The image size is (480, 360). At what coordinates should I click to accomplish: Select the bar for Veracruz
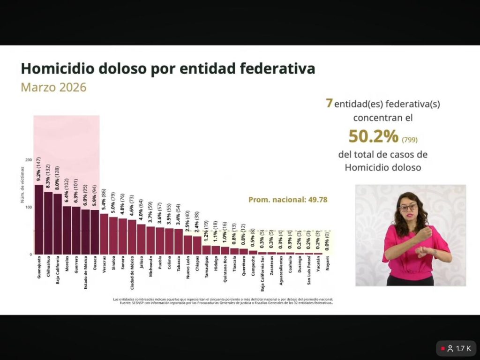tap(104, 234)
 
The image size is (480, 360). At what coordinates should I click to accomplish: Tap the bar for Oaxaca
tap(94, 232)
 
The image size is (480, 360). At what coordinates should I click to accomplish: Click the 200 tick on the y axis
tap(29, 160)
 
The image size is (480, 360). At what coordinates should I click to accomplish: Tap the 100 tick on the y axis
tap(29, 207)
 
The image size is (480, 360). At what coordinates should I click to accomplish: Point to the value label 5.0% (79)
tap(113, 201)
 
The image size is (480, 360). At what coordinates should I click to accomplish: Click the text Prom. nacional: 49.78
tap(287, 200)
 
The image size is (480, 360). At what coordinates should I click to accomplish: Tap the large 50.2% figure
tap(373, 136)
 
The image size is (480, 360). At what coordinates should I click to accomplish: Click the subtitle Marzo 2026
tap(53, 87)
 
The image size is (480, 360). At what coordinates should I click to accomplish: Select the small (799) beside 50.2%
tap(410, 140)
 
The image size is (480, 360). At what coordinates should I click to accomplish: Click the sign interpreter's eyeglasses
tap(408, 207)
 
